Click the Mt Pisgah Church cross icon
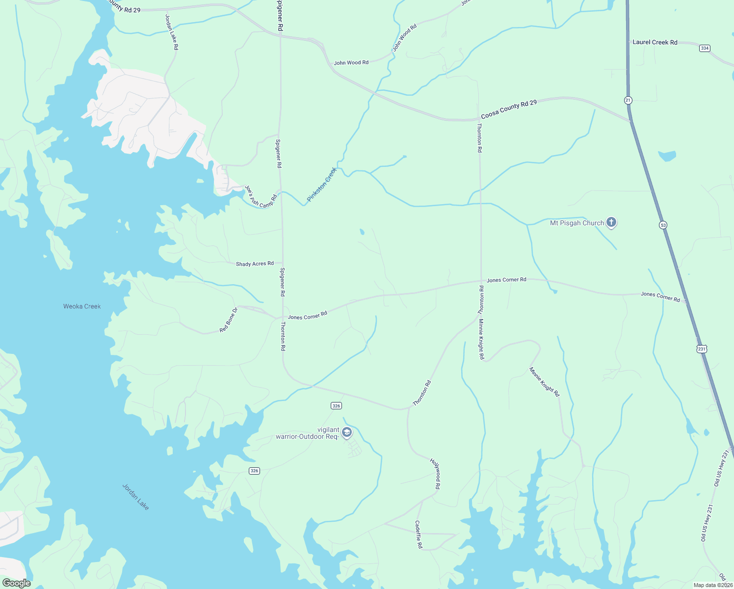click(611, 222)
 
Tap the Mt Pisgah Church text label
click(577, 223)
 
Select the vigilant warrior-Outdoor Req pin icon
click(347, 432)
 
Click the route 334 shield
click(705, 48)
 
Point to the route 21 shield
click(628, 100)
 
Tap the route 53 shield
click(663, 225)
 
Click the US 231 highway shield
click(702, 349)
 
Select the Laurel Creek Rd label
click(655, 42)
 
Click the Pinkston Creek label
click(322, 185)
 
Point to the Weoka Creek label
click(82, 306)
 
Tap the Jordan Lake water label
click(135, 497)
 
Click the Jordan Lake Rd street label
click(172, 32)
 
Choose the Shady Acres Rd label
click(255, 264)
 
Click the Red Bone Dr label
click(229, 320)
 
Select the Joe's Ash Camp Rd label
click(261, 196)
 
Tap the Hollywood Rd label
click(435, 474)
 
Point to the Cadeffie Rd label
click(419, 535)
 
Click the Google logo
click(16, 583)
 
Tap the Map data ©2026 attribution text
click(712, 585)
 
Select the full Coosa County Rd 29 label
click(509, 109)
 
